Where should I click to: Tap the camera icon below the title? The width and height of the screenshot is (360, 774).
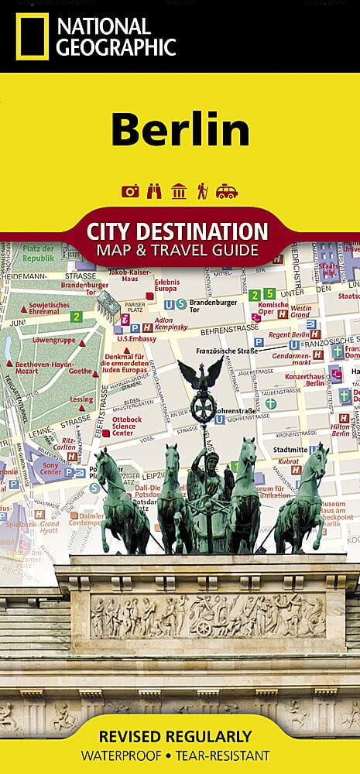tap(130, 191)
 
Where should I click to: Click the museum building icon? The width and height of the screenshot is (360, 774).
tap(179, 191)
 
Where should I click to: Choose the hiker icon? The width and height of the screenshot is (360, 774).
tap(202, 191)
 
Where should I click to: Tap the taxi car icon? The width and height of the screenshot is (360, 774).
tap(227, 191)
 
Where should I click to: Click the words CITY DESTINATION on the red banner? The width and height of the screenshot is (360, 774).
tap(178, 231)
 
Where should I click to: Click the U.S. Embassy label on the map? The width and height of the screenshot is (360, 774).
tap(136, 339)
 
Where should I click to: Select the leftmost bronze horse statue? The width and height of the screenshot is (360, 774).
tap(122, 495)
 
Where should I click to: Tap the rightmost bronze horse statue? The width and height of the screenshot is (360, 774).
tap(303, 495)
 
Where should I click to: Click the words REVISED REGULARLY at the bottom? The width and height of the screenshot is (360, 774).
tap(180, 736)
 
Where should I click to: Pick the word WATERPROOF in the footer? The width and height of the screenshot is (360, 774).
tap(127, 755)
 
